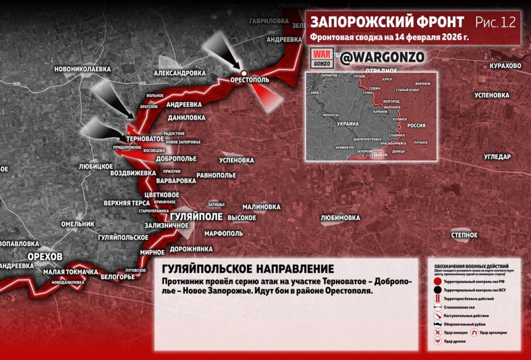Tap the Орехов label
click(x=45, y=256)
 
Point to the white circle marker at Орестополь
click(x=243, y=72)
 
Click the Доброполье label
click(x=176, y=158)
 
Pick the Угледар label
click(x=497, y=157)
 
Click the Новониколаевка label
click(x=82, y=68)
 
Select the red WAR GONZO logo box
click(x=322, y=58)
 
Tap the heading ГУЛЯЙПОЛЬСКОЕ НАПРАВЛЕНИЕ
click(x=248, y=269)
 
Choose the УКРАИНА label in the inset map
click(x=347, y=124)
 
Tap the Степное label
click(x=464, y=235)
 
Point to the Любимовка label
click(x=340, y=218)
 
